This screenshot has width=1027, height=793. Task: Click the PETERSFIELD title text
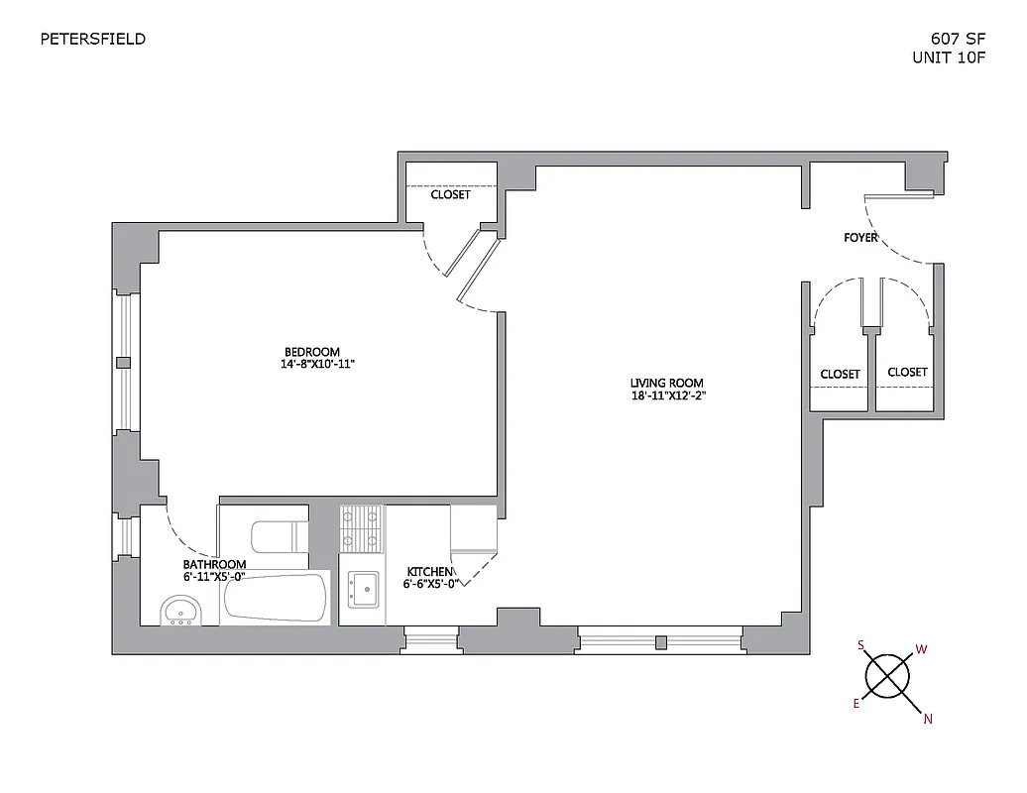click(x=92, y=40)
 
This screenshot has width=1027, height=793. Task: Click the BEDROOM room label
click(x=312, y=352)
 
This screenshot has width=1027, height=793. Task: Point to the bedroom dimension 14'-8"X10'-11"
click(x=317, y=365)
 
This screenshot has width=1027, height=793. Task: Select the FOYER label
click(x=859, y=238)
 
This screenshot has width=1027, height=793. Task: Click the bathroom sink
click(x=181, y=611)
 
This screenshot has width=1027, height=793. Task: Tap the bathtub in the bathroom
click(x=276, y=599)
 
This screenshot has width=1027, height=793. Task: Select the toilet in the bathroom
click(x=279, y=537)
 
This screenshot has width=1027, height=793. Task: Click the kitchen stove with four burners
click(x=361, y=528)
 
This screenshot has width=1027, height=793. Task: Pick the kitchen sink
click(x=363, y=589)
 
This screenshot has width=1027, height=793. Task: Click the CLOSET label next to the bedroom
click(x=450, y=195)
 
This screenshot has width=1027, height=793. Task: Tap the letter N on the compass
click(x=928, y=720)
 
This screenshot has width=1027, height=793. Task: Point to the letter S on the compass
click(x=861, y=645)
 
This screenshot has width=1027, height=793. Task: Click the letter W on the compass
click(x=921, y=649)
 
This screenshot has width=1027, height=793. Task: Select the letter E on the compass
click(x=856, y=703)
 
